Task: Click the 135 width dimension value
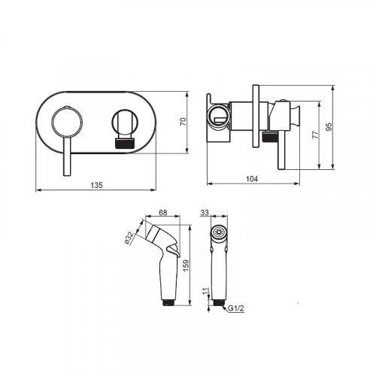97,185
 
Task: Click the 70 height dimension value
183,122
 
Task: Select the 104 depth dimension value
252,179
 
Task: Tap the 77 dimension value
316,135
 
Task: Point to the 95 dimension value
330,126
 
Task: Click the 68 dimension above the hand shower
163,213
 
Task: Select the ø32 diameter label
129,238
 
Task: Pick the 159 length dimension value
186,265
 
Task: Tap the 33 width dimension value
205,213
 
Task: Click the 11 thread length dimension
205,291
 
